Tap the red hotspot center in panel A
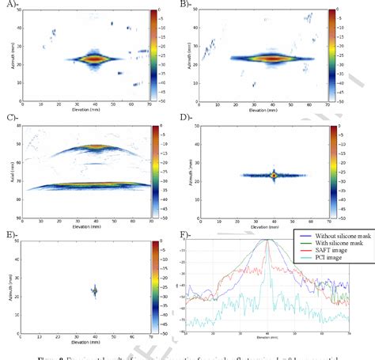point(93,58)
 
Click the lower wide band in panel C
point(93,186)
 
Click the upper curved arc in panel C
point(93,147)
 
